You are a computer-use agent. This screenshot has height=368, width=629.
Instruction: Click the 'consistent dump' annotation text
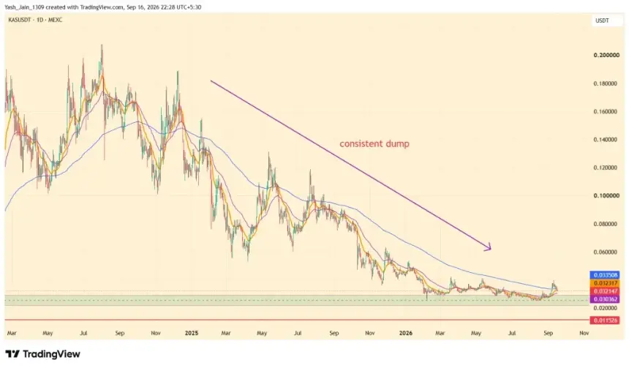374,143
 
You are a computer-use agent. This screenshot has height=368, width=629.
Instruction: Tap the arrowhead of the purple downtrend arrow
488,247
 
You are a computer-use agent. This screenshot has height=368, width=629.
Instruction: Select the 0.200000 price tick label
606,55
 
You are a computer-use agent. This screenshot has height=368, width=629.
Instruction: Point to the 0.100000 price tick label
606,195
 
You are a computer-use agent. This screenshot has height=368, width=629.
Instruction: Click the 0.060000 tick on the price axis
606,252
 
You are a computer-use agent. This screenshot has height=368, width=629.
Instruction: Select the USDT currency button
602,20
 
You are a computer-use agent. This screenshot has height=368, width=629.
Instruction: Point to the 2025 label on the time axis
192,333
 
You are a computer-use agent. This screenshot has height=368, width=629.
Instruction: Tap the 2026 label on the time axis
406,333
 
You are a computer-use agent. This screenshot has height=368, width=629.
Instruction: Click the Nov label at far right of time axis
584,333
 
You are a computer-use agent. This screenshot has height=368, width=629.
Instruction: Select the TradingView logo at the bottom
43,354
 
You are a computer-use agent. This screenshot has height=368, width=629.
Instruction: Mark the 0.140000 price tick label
606,140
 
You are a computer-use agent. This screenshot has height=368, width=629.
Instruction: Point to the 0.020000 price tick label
606,308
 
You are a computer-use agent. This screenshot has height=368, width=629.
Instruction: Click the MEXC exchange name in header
55,20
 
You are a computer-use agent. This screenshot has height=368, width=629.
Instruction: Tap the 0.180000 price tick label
606,83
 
